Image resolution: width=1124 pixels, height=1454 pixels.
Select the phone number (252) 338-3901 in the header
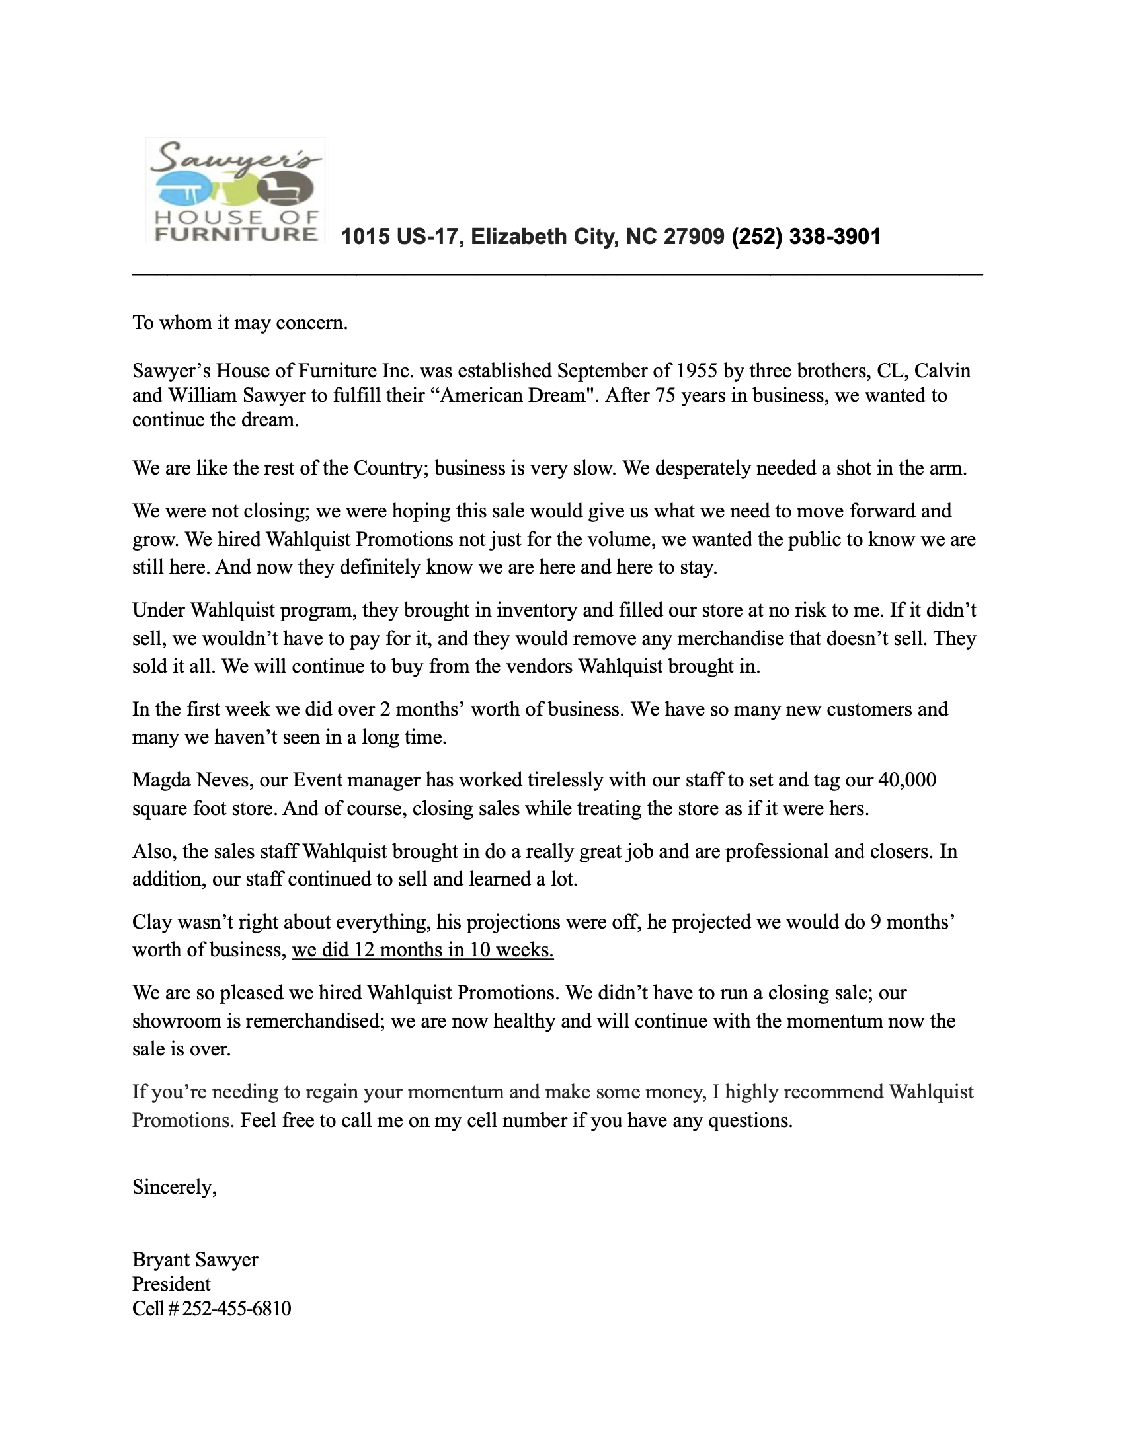tap(806, 237)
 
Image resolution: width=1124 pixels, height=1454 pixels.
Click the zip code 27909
tap(694, 237)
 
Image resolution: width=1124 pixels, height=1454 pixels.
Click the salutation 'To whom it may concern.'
tap(241, 323)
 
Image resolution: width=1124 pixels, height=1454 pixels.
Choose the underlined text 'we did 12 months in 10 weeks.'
tap(423, 949)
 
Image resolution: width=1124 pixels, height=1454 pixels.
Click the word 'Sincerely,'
tap(175, 1187)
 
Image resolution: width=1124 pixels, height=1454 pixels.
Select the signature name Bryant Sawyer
tap(195, 1260)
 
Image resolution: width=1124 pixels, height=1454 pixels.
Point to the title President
tap(171, 1284)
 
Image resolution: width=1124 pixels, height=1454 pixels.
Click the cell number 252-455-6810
tap(237, 1309)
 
